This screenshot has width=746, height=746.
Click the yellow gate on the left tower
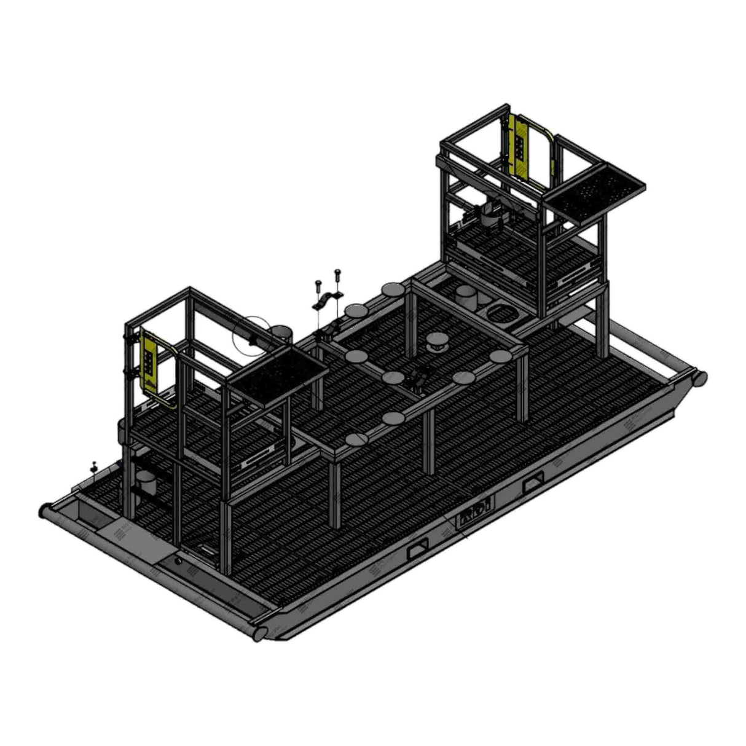(x=149, y=363)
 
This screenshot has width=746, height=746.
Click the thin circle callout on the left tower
(x=251, y=336)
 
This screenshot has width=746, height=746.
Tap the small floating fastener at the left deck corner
(x=93, y=466)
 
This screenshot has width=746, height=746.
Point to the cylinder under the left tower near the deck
(x=146, y=484)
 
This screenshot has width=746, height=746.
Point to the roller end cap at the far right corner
(x=699, y=378)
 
